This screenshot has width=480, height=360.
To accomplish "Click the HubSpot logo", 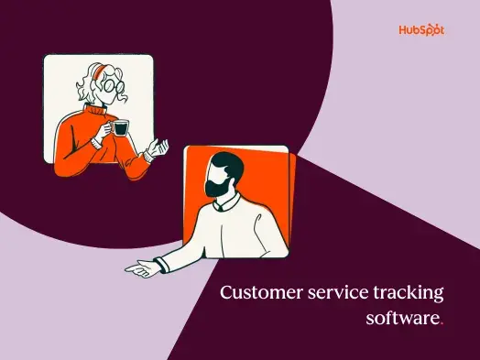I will pos(421,30).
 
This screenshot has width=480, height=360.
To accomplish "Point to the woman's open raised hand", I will pos(162,146).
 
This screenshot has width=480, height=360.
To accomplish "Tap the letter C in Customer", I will pos(227,294).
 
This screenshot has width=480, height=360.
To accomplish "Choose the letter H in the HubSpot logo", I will pos(403,30).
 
